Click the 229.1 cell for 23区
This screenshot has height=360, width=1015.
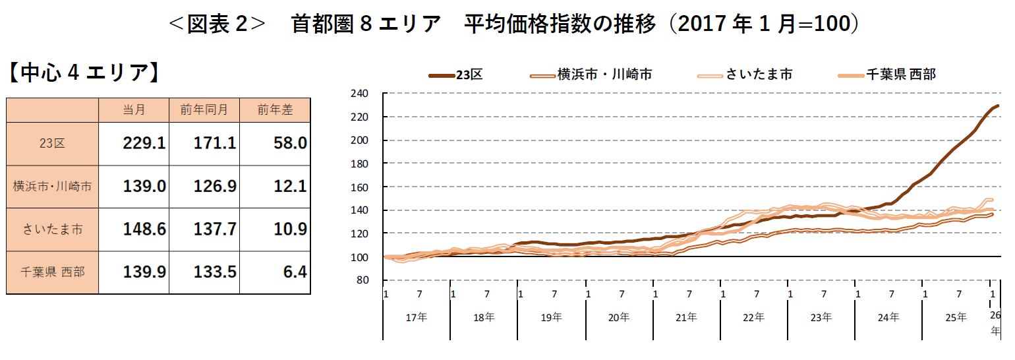[144, 143]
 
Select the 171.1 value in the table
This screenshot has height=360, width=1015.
[214, 143]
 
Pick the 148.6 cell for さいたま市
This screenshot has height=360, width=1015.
[144, 229]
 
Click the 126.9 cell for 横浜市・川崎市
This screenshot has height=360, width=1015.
[214, 187]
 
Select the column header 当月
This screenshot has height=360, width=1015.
[134, 110]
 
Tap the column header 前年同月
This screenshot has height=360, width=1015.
[204, 110]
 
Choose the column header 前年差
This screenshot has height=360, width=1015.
[275, 110]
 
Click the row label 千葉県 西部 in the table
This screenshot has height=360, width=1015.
[53, 272]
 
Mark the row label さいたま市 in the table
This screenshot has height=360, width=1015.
[53, 229]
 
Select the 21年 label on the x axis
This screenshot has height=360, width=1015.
[687, 317]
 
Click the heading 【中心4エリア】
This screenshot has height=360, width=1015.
[84, 73]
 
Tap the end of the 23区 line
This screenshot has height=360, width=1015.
[999, 105]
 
